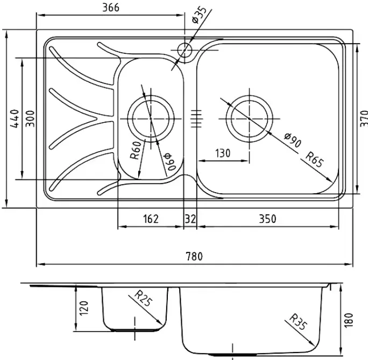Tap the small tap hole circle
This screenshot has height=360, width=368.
184,50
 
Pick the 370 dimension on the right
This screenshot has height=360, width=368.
363,117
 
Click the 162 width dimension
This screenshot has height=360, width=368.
151,218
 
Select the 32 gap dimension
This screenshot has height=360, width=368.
190,218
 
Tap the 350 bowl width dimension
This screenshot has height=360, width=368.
267,218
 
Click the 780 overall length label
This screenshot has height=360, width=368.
194,257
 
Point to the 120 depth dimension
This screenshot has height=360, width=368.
83,308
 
